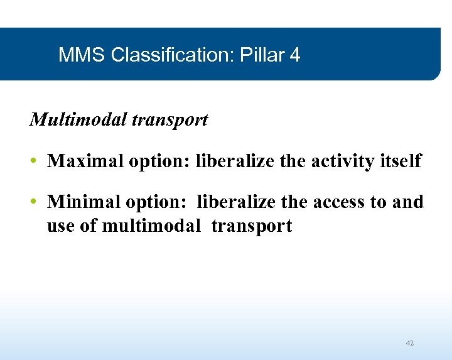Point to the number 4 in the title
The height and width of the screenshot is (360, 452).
pyautogui.click(x=295, y=55)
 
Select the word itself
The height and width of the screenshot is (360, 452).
pyautogui.click(x=401, y=161)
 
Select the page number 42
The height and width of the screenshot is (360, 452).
pyautogui.click(x=410, y=343)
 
